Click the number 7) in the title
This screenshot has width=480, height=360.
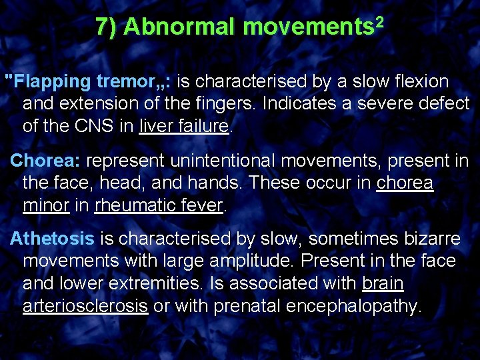107,27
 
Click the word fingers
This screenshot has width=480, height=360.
223,104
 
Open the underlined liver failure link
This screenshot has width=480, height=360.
184,127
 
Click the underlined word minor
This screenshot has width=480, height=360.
46,205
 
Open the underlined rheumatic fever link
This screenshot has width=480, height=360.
159,205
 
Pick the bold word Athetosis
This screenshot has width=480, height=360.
52,238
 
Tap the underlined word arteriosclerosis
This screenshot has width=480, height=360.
85,306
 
